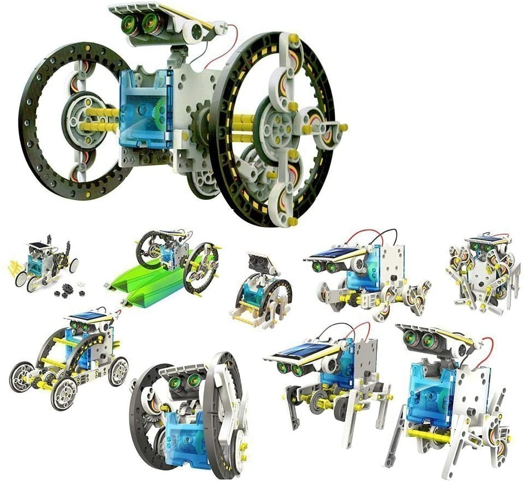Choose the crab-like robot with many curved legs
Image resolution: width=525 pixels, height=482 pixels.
(481, 272)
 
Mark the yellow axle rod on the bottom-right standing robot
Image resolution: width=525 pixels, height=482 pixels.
(430, 436)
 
